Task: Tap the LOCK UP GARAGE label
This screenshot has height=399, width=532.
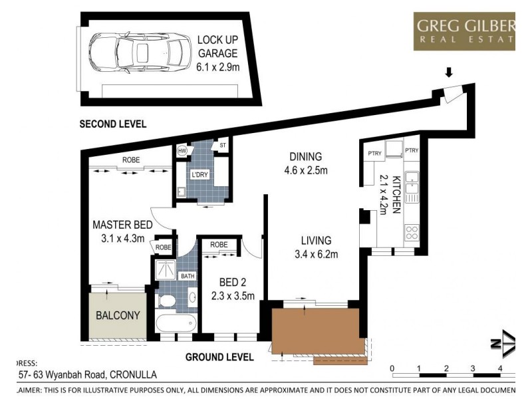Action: click(x=217, y=51)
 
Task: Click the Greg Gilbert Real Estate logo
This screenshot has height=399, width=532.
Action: click(x=465, y=31)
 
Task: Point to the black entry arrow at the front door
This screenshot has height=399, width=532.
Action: click(x=449, y=72)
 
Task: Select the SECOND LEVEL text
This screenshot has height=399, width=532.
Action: click(x=112, y=124)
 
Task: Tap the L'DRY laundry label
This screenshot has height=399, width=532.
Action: click(x=199, y=174)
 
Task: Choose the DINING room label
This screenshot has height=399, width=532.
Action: click(x=305, y=163)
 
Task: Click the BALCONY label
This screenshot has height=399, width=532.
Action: click(x=117, y=315)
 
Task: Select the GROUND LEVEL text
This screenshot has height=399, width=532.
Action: click(x=219, y=357)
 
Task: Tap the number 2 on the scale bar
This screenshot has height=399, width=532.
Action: click(x=446, y=368)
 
